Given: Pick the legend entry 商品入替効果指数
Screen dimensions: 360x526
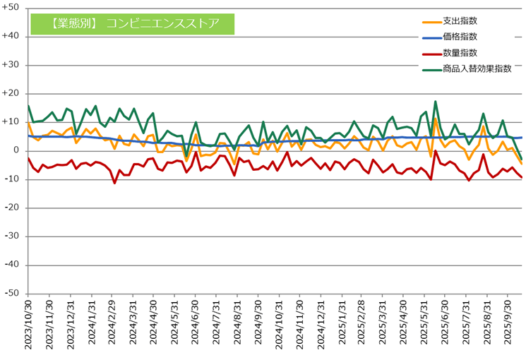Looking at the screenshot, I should point(477,68).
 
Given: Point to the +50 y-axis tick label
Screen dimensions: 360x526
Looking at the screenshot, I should point(13,8).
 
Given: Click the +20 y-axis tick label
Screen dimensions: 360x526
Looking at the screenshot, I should point(13,93).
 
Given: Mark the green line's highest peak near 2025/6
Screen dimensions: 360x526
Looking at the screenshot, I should point(436,102).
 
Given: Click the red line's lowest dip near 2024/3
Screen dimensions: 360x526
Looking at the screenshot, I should point(114,183).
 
